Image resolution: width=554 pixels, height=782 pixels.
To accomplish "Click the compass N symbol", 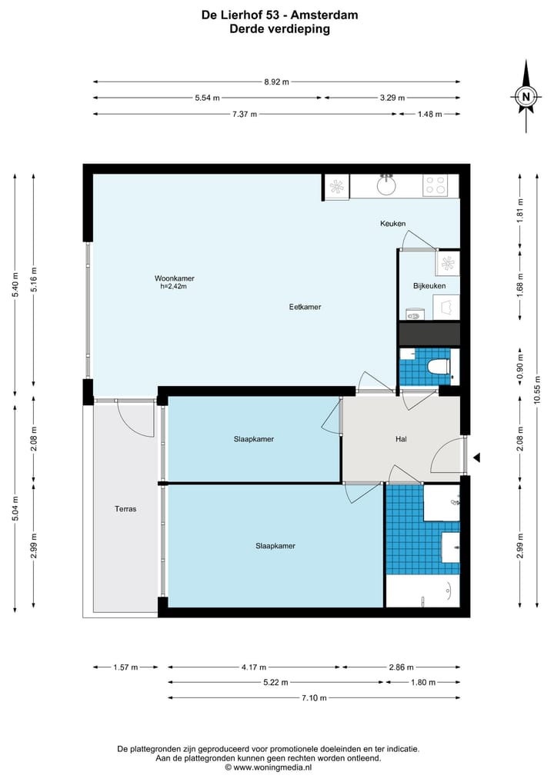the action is point(526,96).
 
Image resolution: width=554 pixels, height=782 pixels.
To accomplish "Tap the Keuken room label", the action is point(392,224).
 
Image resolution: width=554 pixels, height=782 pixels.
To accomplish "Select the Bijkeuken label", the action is point(429,286).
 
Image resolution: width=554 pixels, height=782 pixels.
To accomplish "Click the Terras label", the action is point(125,509).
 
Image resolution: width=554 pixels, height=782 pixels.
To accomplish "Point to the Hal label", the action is point(401,439).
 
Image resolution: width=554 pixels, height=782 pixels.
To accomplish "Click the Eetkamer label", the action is point(305,307).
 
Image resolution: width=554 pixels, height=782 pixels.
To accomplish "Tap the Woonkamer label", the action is point(174,278).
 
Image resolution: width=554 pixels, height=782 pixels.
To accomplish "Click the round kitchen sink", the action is point(386,185).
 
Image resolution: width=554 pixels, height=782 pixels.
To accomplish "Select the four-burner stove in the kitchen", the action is point(435,185).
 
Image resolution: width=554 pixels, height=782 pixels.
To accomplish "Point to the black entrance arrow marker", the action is point(476,458).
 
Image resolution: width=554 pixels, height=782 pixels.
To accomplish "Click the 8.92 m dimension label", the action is point(276,82).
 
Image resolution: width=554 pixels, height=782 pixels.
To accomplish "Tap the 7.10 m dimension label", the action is point(314,697).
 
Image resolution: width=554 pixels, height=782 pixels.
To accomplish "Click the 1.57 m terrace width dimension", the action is point(125,667).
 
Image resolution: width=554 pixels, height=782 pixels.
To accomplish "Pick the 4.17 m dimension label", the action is point(254,667).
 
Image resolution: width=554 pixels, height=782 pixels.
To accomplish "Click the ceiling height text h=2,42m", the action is point(174,286).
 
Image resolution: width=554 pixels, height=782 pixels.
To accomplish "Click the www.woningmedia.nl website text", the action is point(272,767).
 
